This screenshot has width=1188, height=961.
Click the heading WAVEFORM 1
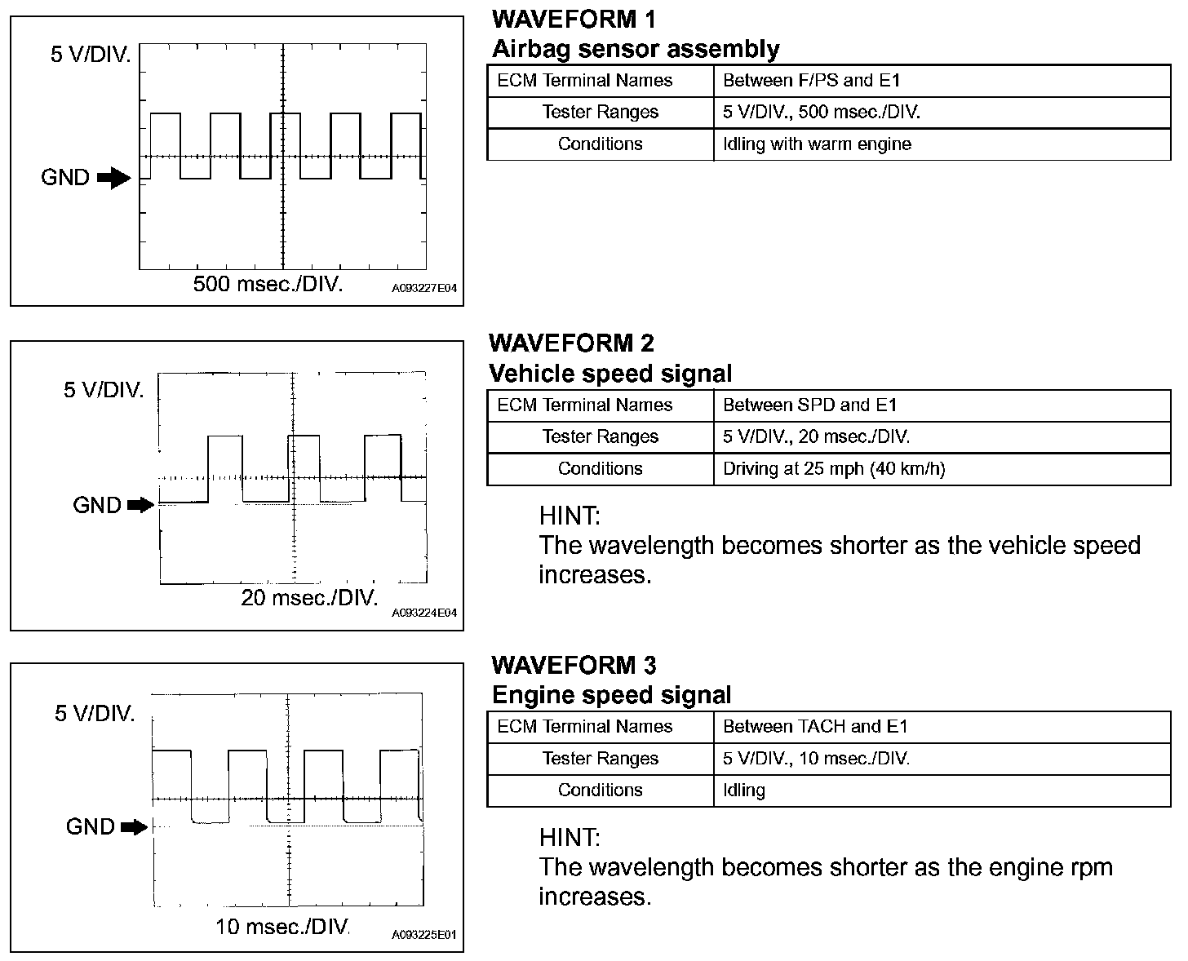tap(574, 19)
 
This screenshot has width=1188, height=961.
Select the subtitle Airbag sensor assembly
tap(636, 49)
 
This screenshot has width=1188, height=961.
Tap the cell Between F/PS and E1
tap(811, 81)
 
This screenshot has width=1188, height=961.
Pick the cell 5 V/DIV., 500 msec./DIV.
tap(821, 113)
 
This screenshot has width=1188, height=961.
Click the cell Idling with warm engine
tap(817, 144)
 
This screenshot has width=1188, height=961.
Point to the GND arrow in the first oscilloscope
tap(113, 178)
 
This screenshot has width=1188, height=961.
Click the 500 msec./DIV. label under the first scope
tap(268, 285)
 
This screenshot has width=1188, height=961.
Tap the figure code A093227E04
tap(424, 289)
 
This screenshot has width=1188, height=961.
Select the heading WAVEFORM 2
tap(572, 343)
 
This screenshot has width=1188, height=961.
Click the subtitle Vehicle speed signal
tap(610, 374)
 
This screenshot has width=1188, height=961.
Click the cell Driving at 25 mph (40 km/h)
tap(834, 469)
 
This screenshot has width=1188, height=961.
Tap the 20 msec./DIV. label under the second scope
tap(310, 598)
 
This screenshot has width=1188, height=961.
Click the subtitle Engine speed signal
tap(611, 695)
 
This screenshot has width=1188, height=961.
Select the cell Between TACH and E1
tap(815, 727)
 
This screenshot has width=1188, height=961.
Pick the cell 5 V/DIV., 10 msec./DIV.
tap(816, 759)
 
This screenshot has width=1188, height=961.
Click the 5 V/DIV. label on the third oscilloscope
tap(95, 714)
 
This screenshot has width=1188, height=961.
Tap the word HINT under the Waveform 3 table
tap(570, 837)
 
